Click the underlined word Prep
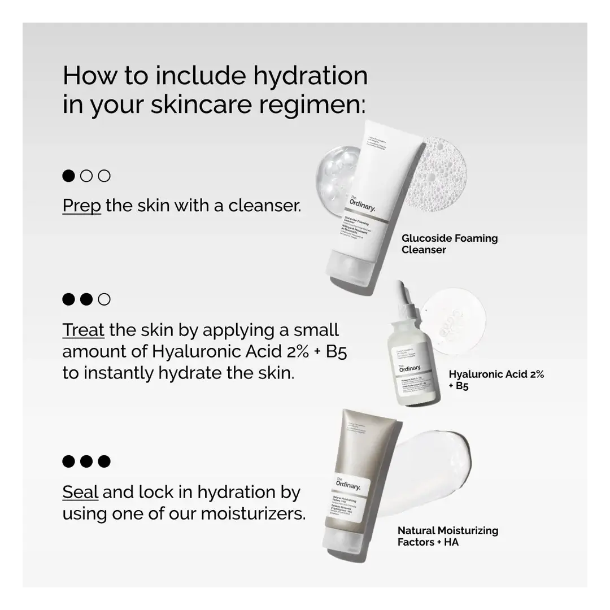[81, 206]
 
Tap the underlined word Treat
[83, 330]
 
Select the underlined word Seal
[80, 493]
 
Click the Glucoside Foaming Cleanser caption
[449, 244]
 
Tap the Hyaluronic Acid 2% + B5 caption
[496, 380]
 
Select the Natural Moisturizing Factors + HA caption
[447, 537]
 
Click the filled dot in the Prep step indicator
[68, 176]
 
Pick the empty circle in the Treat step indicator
[104, 299]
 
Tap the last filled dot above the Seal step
[104, 461]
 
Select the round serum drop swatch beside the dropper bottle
[453, 321]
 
